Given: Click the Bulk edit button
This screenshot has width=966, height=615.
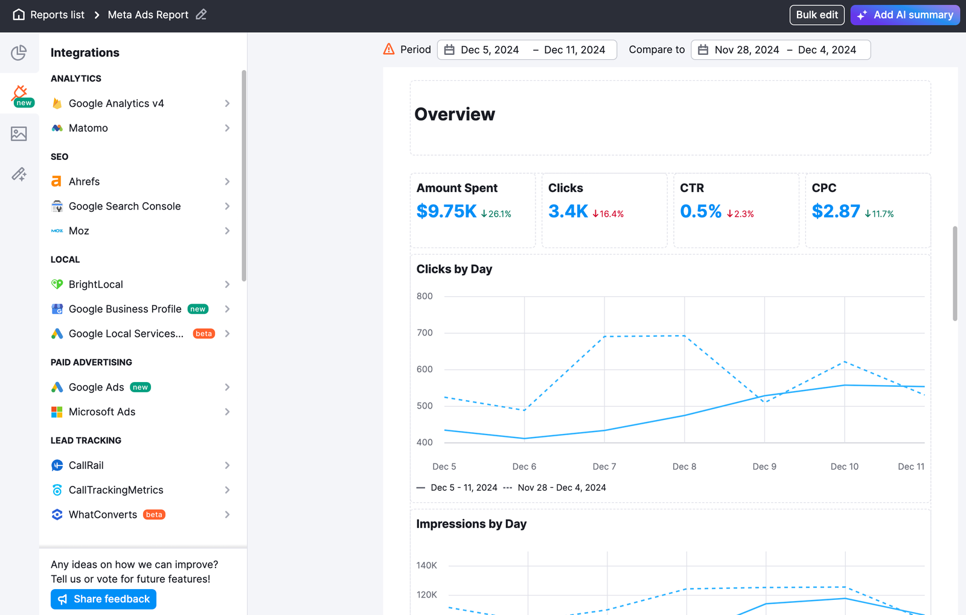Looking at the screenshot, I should pos(816,15).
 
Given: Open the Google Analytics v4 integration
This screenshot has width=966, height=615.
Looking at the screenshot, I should pos(116,103).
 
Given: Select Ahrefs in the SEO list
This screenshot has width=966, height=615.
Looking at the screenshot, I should pos(84,182).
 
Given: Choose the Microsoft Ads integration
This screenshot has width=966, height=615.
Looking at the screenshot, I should pos(101,412).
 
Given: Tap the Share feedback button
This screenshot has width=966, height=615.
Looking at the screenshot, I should pos(103,599).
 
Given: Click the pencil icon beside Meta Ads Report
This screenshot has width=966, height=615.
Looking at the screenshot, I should pos(201,14).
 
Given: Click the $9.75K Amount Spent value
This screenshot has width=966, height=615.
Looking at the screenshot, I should pos(446,211).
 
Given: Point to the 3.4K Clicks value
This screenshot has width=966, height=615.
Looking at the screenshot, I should pos(568,211).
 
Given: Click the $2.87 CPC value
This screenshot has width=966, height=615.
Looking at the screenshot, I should pos(836,211).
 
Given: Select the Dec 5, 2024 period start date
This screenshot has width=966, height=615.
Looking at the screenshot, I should pos(489,50).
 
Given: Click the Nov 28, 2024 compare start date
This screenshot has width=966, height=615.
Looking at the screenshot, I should pos(746,50).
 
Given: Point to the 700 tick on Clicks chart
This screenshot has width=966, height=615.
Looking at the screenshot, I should pos(424,333).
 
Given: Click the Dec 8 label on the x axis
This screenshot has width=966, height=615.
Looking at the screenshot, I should pos(684,467).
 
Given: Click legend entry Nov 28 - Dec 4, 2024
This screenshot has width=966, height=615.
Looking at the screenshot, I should pos(561,488).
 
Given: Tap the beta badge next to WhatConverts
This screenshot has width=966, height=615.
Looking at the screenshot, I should pos(154,515).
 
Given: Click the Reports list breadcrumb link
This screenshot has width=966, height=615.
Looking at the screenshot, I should pos(57,15).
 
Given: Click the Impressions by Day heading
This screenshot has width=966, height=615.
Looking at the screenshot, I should pos(471,524).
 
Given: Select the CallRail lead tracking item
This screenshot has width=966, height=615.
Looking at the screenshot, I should pos(86,465).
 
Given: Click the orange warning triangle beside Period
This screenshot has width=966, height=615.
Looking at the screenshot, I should pos(389,49).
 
